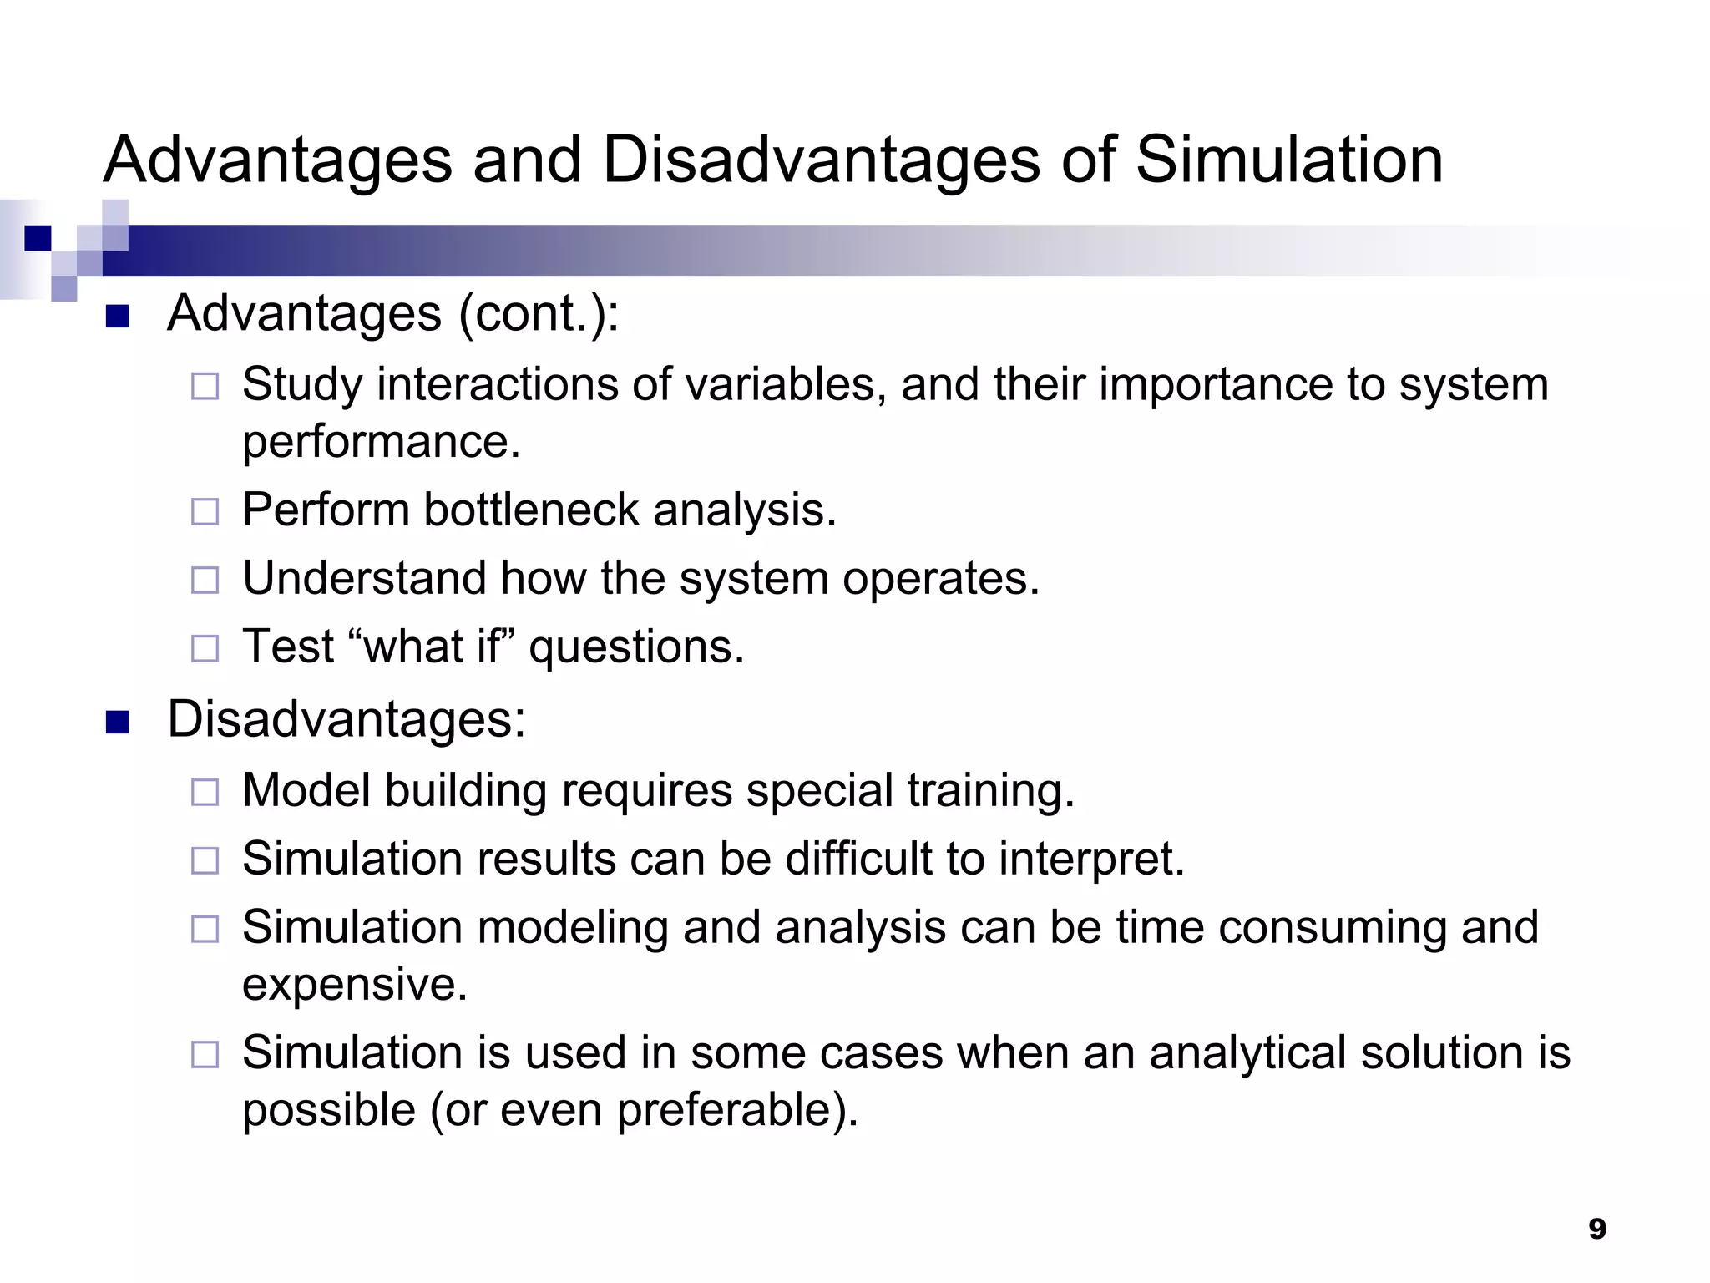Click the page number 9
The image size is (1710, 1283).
1596,1229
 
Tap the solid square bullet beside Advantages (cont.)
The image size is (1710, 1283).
118,317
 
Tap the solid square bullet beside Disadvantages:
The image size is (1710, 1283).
118,722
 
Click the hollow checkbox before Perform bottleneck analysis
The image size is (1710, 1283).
205,511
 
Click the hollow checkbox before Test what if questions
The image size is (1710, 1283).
205,648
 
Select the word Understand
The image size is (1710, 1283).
364,578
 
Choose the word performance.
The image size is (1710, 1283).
381,443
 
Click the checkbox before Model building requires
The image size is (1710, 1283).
205,792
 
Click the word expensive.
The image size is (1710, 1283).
354,984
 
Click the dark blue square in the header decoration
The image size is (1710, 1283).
38,238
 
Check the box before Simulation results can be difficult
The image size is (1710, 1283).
205,860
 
